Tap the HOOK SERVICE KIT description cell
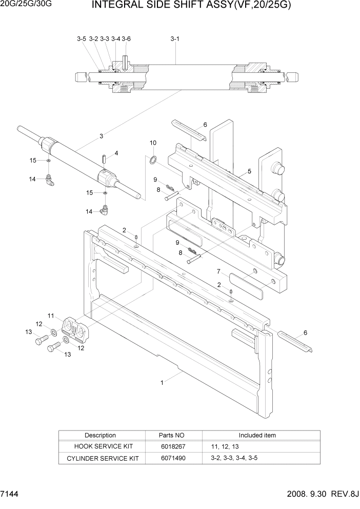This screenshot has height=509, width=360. tap(100, 446)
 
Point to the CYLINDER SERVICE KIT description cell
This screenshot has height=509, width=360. tap(100, 458)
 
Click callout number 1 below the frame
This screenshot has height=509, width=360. tap(163, 382)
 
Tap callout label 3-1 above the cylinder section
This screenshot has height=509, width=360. tap(174, 38)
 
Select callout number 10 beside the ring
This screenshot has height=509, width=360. tap(153, 143)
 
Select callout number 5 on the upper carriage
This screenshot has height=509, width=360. tap(249, 171)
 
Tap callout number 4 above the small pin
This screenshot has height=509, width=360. tap(116, 153)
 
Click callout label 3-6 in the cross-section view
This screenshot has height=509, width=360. tap(126, 38)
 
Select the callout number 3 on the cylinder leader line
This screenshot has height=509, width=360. tap(102, 136)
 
